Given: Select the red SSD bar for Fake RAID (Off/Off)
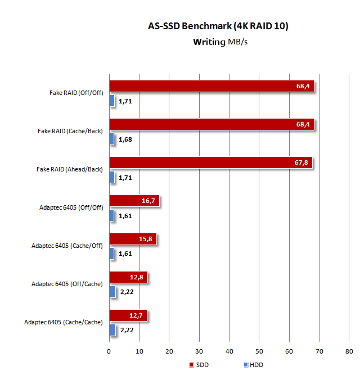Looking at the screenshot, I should [211, 86].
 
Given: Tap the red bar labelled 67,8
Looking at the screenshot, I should [210, 162].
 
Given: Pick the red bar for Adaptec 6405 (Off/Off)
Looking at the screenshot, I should [134, 201].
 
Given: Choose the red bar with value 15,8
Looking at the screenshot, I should [132, 239].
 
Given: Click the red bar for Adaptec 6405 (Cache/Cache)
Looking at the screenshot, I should [128, 315].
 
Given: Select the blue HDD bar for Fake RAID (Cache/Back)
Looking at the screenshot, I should [111, 139].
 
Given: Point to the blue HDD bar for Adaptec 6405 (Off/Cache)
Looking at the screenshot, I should [112, 292].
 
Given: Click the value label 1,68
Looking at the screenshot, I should [125, 139].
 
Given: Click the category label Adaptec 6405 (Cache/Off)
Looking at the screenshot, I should [67, 246].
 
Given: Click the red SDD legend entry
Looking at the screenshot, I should [199, 364].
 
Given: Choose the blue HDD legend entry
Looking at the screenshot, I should [253, 364].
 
